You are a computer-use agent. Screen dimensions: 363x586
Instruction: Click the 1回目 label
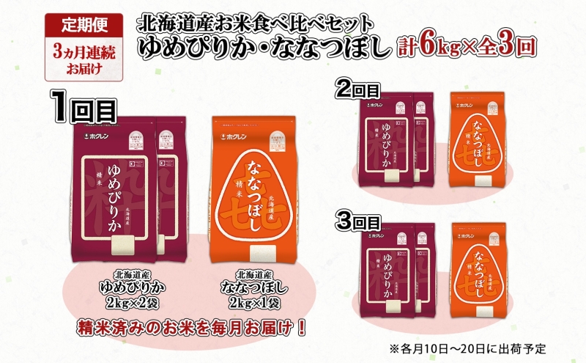[86, 110]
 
